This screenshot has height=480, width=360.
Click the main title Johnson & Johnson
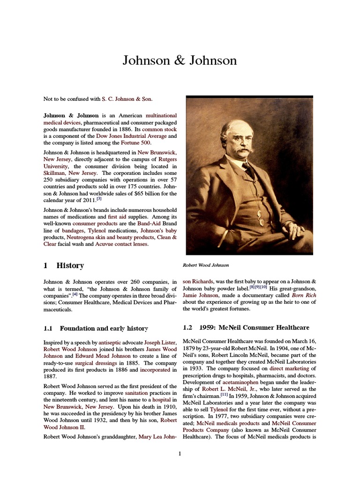pos(180,60)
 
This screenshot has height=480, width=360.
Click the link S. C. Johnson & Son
pos(127,99)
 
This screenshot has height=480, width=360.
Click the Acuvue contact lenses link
pos(121,244)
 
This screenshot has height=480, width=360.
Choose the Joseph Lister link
pos(160,343)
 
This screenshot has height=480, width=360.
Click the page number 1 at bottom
pos(180,453)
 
